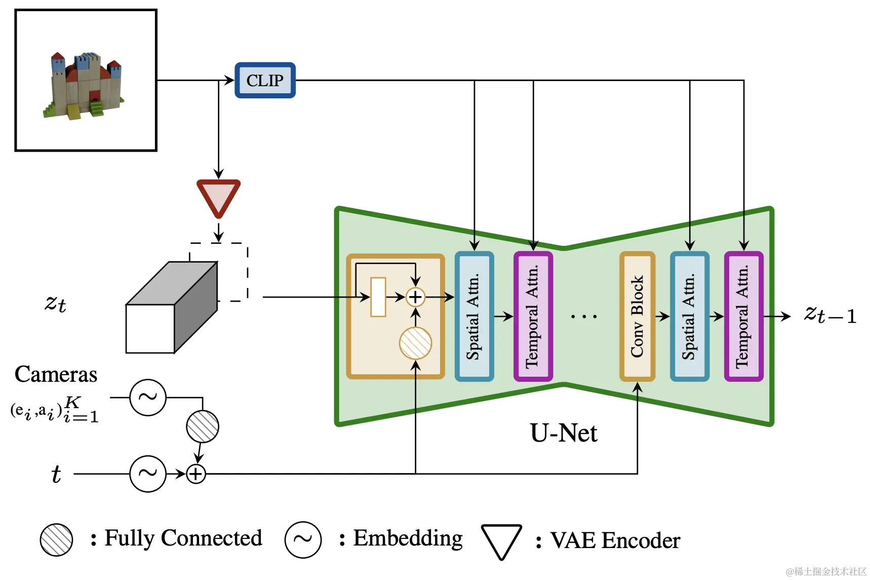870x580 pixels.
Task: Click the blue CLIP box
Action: click(x=265, y=80)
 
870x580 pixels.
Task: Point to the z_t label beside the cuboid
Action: click(x=55, y=303)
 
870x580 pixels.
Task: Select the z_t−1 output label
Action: click(x=830, y=315)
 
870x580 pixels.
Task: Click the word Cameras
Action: click(x=56, y=374)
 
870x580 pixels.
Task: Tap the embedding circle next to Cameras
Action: click(x=148, y=397)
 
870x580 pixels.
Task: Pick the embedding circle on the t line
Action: click(x=148, y=474)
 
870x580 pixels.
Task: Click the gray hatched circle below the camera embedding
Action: click(x=203, y=426)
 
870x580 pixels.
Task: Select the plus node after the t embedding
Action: click(x=196, y=474)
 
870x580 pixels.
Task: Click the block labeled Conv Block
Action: click(x=637, y=316)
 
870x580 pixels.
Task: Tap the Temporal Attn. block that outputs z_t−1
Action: click(x=743, y=316)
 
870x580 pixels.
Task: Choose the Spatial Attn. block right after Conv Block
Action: click(x=689, y=316)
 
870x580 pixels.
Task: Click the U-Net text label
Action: click(x=564, y=433)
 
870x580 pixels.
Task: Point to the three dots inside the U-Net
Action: click(x=584, y=316)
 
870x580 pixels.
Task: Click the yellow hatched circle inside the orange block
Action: click(x=415, y=343)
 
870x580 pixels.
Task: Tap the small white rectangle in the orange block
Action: click(x=378, y=297)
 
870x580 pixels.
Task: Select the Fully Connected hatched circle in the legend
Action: click(x=56, y=539)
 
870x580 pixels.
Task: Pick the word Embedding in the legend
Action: click(x=408, y=538)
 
